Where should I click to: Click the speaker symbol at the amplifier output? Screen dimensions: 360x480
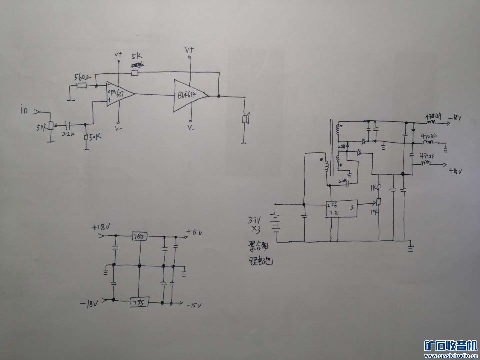[246, 119]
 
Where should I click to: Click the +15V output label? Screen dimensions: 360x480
[195, 232]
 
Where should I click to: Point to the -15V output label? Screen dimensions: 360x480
[195, 305]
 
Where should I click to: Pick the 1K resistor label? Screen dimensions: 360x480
[373, 187]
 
